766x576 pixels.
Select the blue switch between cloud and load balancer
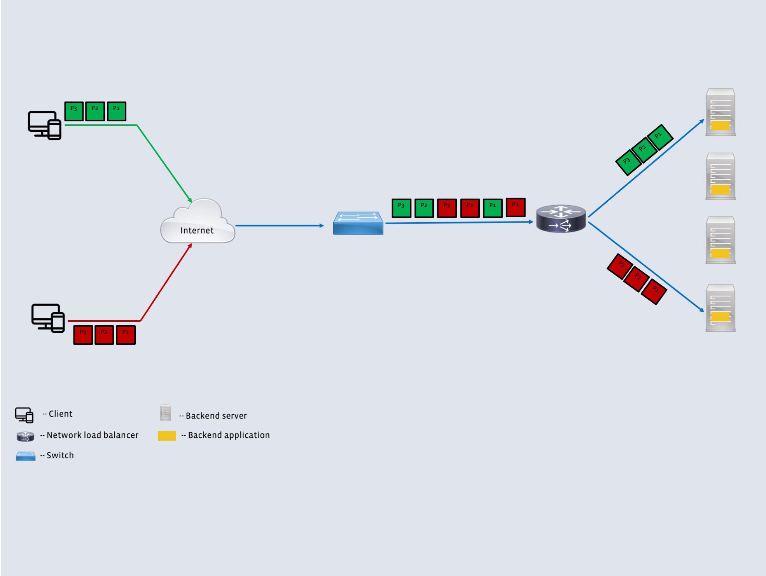(358, 223)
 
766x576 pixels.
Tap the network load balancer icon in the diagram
(561, 219)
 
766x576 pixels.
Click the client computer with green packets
(44, 125)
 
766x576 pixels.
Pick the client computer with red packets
(48, 318)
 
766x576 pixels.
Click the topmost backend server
(720, 112)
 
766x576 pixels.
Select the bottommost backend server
(720, 308)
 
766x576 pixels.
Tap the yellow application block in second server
(720, 190)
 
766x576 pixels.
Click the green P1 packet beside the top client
(116, 112)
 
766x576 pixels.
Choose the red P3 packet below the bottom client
(83, 335)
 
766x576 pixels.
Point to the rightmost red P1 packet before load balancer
(516, 207)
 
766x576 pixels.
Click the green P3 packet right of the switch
(401, 208)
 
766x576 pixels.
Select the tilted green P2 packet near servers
(644, 150)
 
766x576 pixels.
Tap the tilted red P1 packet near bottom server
(654, 291)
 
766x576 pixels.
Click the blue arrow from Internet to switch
(279, 225)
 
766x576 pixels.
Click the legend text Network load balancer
(92, 435)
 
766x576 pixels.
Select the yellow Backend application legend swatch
(167, 436)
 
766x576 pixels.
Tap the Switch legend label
(60, 456)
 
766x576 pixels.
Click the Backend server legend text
(216, 416)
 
